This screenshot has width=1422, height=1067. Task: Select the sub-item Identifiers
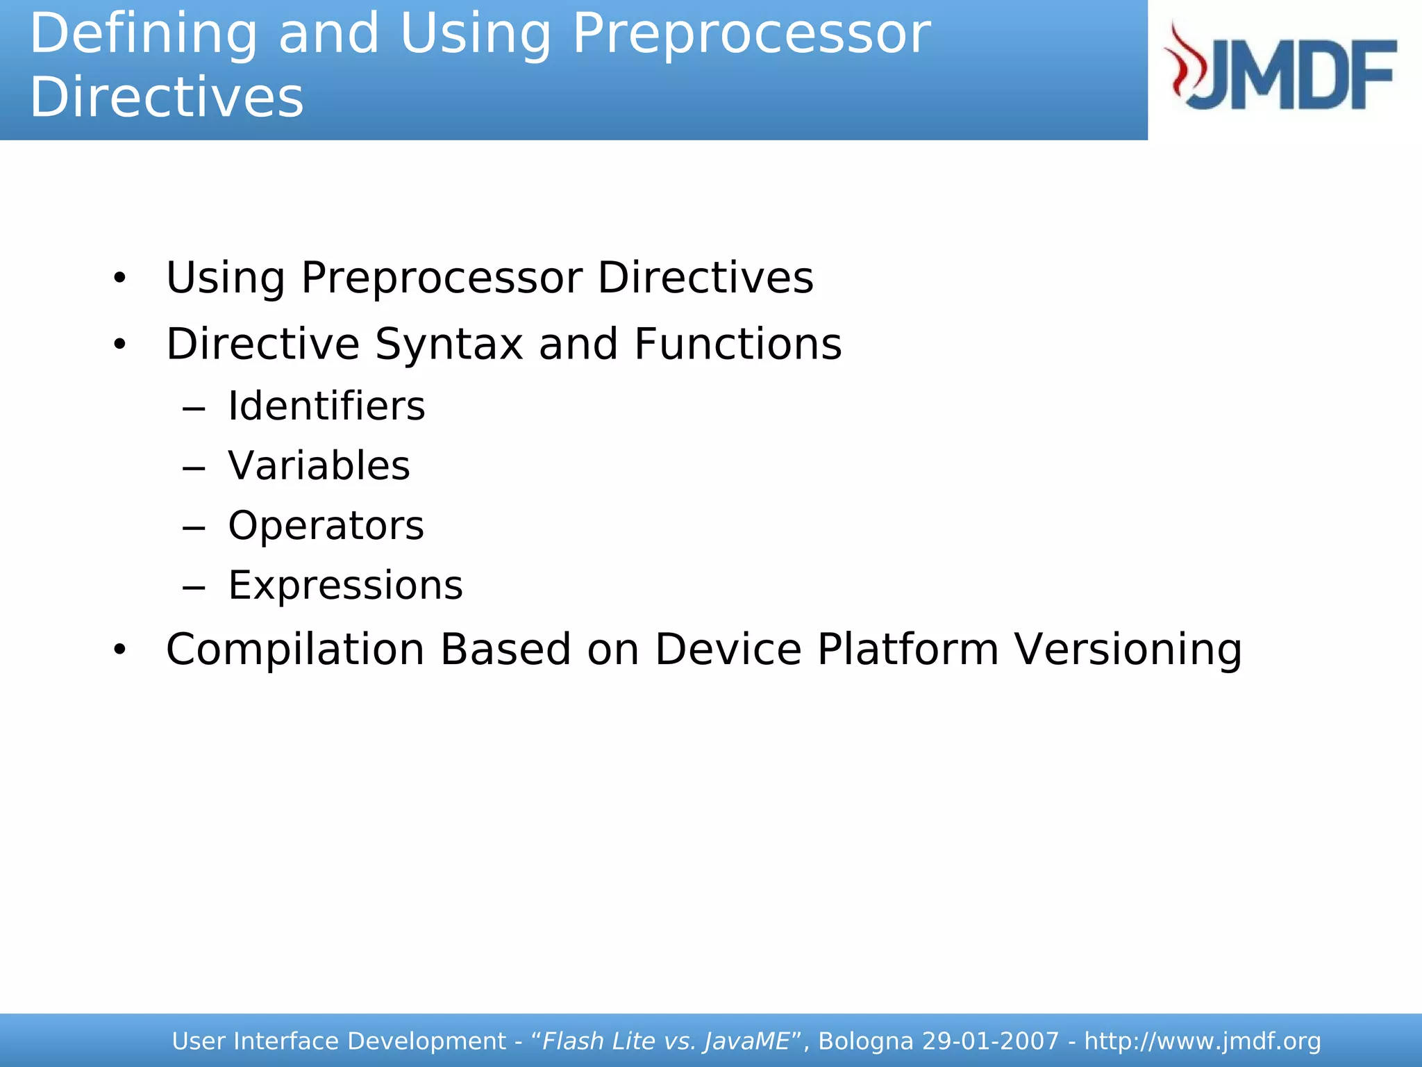pyautogui.click(x=326, y=406)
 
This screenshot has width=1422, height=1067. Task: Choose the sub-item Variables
pyautogui.click(x=319, y=465)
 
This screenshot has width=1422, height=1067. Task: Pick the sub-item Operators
pyautogui.click(x=326, y=525)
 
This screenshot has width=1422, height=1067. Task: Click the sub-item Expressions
pyautogui.click(x=345, y=585)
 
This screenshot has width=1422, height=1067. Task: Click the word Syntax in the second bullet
pyautogui.click(x=449, y=344)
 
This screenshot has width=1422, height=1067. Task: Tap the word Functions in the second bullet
pyautogui.click(x=737, y=344)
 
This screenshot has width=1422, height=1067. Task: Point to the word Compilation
pyautogui.click(x=295, y=650)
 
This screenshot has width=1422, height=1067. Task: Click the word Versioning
pyautogui.click(x=1128, y=650)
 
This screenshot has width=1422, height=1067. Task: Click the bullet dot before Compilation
pyautogui.click(x=120, y=650)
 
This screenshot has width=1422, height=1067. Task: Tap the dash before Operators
pyautogui.click(x=194, y=528)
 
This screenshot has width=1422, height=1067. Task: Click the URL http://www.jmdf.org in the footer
pyautogui.click(x=1202, y=1041)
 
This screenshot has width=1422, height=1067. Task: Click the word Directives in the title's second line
pyautogui.click(x=167, y=97)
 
